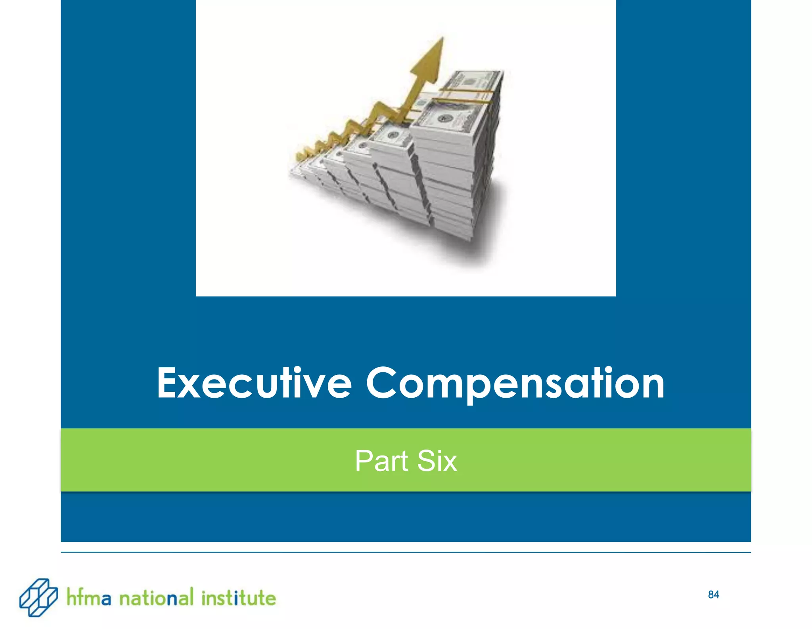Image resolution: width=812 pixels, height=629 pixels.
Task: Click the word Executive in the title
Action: [x=254, y=383]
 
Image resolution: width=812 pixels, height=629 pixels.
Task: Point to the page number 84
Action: [x=713, y=595]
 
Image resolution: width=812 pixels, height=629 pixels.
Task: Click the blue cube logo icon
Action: [x=38, y=597]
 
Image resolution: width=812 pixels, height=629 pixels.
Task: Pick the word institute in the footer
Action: [x=238, y=598]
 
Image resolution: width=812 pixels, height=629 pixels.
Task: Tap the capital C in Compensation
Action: [x=381, y=383]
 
